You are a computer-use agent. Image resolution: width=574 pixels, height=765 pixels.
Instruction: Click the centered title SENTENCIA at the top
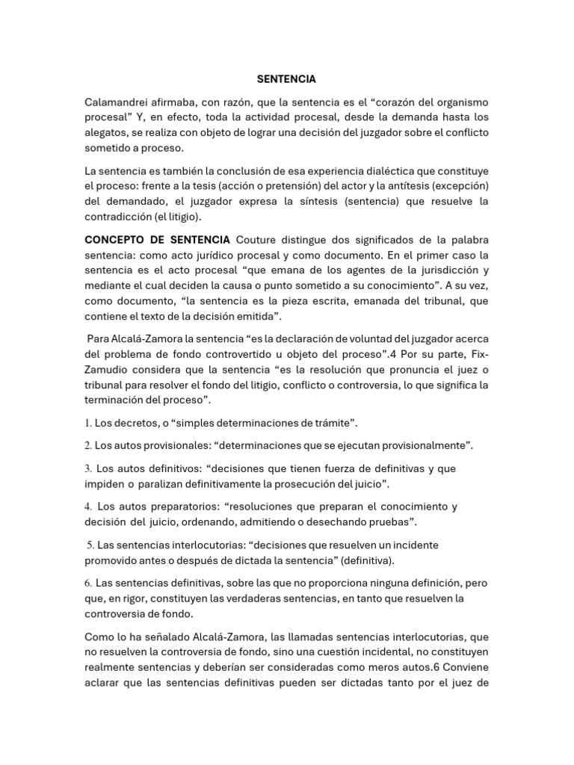(x=286, y=78)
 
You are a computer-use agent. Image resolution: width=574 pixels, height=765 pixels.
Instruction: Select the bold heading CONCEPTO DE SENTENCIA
(x=157, y=241)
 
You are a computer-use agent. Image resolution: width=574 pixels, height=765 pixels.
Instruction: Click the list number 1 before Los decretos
(x=87, y=424)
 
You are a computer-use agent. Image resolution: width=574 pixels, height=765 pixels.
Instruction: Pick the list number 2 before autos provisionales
(x=87, y=446)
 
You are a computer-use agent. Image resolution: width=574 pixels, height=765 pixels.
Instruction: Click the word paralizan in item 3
(x=159, y=484)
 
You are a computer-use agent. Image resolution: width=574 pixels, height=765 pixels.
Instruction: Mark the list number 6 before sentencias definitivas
(x=87, y=583)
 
